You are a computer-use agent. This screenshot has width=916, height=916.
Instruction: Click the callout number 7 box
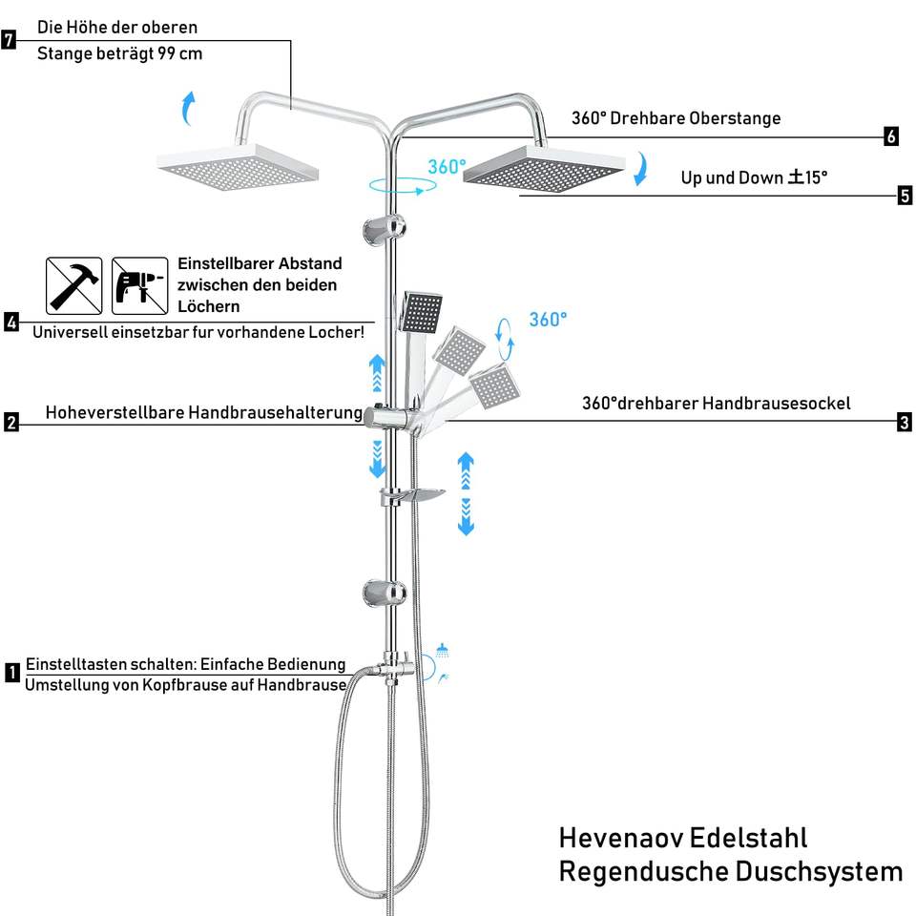pos(10,40)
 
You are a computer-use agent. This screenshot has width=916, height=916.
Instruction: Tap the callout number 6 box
pos(891,136)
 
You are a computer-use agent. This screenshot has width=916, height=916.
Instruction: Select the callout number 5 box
pos(905,197)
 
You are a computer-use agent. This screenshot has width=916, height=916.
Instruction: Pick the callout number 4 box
pos(11,322)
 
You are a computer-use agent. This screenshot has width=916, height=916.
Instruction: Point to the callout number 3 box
pos(905,423)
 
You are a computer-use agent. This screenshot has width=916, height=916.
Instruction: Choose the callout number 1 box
pos(11,673)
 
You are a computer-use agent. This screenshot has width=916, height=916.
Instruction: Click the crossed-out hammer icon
pos(74,285)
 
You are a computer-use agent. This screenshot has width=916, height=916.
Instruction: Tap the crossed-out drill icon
pos(138,285)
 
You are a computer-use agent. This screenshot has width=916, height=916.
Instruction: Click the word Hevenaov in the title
pos(620,838)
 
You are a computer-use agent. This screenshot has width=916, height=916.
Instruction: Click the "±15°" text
pos(807,177)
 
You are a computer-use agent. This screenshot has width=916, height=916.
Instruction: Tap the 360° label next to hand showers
pos(548,320)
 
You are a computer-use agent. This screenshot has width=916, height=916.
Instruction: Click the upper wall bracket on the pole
pos(384,228)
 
